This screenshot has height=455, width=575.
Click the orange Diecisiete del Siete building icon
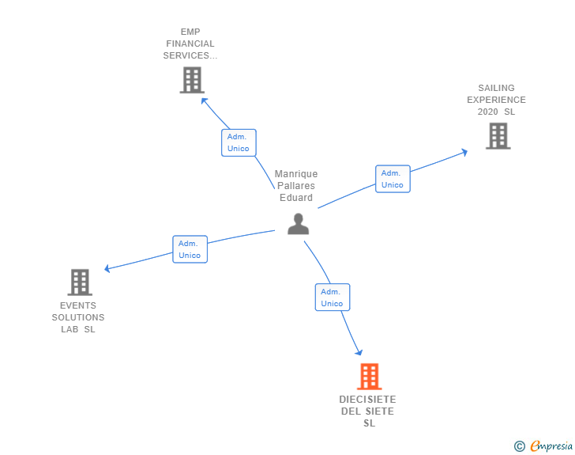tap(369, 377)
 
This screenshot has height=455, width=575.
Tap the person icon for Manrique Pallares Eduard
tap(298, 224)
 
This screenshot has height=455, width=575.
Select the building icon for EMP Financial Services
tap(192, 80)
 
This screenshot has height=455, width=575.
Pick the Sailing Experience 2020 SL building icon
tap(498, 136)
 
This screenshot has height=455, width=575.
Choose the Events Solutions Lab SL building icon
tap(79, 282)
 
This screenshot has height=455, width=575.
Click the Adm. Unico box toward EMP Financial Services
tap(238, 142)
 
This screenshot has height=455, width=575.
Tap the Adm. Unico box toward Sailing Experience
tap(393, 179)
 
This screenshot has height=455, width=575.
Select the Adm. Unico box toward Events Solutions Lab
tap(190, 249)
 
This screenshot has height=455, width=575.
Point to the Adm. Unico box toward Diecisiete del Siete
tap(332, 298)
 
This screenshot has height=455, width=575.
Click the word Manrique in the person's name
tap(296, 174)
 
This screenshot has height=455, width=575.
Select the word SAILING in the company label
tap(496, 88)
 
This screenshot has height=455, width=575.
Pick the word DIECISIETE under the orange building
tap(368, 400)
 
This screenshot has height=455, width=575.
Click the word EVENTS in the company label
tap(78, 305)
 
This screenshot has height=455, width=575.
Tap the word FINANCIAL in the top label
tap(190, 44)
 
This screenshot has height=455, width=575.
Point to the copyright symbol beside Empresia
tap(519, 446)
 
